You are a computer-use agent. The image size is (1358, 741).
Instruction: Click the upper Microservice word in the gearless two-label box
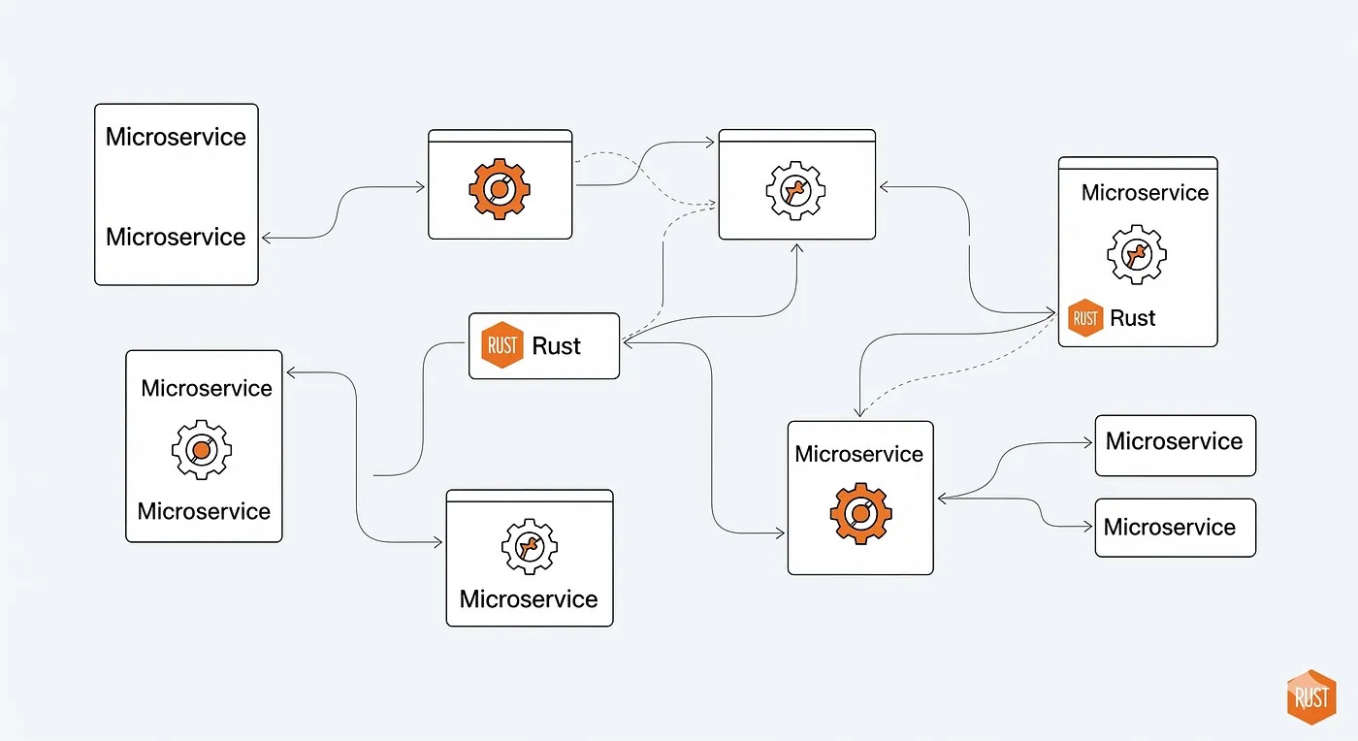(176, 137)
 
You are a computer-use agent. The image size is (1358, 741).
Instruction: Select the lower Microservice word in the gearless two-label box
(176, 237)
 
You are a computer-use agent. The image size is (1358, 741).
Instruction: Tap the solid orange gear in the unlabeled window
(499, 188)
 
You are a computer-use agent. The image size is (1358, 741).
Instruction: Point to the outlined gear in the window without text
(795, 191)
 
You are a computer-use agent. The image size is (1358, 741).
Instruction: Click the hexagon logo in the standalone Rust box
(502, 346)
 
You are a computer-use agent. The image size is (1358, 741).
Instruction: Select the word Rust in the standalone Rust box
(557, 346)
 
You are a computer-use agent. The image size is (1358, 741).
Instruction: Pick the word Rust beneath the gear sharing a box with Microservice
(1132, 318)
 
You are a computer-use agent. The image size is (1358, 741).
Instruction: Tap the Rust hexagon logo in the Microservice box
(1085, 318)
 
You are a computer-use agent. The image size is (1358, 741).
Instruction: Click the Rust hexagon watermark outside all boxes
(1310, 696)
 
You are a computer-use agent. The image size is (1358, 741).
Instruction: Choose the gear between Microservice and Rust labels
(1136, 254)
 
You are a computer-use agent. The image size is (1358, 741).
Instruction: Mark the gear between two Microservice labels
(201, 450)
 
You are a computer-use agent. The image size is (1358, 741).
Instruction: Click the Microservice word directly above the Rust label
(1145, 192)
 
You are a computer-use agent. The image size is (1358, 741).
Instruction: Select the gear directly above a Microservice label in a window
(529, 546)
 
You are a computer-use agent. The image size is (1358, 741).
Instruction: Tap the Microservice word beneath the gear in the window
(529, 598)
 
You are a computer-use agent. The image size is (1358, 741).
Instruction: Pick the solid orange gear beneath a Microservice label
(859, 513)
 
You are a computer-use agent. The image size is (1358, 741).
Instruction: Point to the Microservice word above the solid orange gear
(859, 454)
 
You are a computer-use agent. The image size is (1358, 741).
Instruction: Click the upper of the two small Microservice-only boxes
(1175, 445)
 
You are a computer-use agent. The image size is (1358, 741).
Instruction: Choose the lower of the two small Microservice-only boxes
(1175, 528)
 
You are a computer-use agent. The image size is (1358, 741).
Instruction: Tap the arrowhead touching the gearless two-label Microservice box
(266, 238)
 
